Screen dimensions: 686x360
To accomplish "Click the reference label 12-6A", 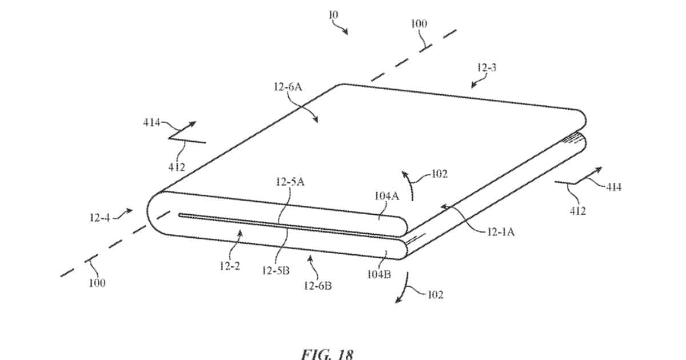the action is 288,87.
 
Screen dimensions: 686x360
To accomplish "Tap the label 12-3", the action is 486,67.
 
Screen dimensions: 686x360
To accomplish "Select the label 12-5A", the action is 290,182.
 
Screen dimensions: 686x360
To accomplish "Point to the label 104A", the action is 387,195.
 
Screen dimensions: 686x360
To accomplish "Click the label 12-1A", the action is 501,232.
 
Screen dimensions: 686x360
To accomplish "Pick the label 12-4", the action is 99,218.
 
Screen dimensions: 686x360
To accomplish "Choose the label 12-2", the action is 230,266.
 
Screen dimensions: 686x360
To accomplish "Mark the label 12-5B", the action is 276,271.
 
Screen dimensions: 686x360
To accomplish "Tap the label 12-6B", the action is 318,286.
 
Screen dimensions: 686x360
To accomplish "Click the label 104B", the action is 379,274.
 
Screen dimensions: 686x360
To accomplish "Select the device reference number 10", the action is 333,14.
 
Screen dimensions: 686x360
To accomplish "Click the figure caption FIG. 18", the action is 328,354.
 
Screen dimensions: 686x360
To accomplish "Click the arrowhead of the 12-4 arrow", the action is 130,211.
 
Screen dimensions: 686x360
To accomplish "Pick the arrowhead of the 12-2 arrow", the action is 240,234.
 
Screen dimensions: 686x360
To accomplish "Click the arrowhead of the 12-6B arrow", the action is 310,259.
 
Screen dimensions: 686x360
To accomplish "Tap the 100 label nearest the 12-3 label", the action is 418,23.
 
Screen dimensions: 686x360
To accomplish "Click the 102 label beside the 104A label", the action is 440,174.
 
